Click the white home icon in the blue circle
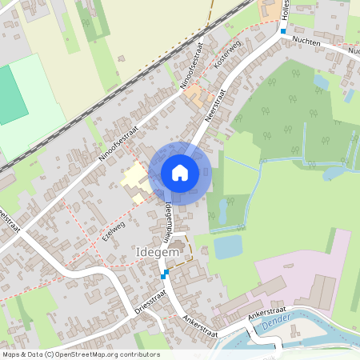(179, 173)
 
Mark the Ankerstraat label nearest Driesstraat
(200, 323)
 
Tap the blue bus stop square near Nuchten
(282, 31)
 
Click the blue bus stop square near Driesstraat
(166, 274)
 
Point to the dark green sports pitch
(10, 95)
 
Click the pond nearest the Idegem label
(228, 247)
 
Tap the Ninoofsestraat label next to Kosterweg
(190, 63)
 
